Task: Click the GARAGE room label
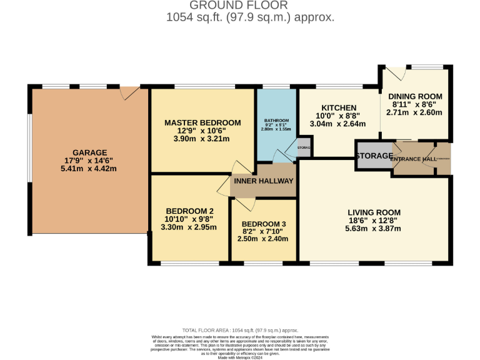pos(89,152)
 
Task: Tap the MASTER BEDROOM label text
pos(202,122)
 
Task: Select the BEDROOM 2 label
pos(189,211)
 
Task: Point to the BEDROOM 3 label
pos(264,224)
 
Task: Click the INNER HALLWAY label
pos(263,181)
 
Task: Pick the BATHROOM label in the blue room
pos(276,120)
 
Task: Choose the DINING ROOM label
pos(415,96)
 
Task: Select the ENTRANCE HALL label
pos(413,159)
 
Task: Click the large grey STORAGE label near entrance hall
pos(374,156)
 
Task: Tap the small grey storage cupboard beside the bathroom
pos(304,147)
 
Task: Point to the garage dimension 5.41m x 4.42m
pos(89,169)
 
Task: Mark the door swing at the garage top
pos(131,93)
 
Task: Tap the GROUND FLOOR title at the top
pos(250,6)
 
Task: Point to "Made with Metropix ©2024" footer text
pos(240,357)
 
